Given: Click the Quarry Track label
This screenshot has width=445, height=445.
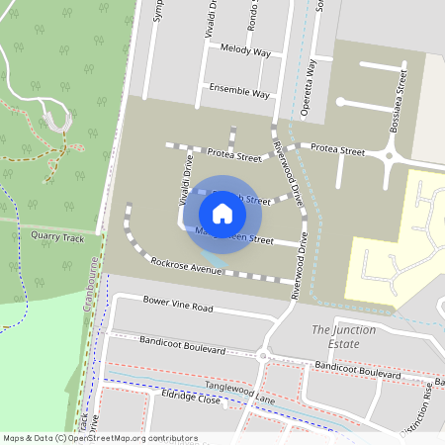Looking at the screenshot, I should tap(57, 237).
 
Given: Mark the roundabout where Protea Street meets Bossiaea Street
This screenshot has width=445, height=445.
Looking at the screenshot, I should tap(390, 155).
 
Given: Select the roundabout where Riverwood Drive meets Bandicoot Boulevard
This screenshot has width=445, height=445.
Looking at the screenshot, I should tap(264, 357).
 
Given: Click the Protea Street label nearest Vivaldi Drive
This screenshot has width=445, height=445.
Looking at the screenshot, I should tap(234, 155).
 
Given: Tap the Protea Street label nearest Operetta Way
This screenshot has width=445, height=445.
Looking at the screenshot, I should tap(338, 150).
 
